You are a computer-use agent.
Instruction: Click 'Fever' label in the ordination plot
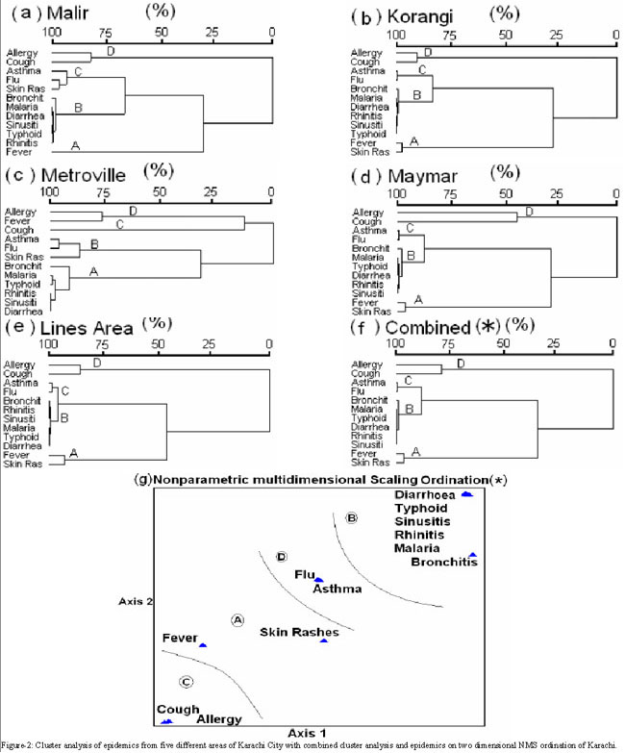180,638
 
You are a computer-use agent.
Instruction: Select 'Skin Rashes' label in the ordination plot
300,632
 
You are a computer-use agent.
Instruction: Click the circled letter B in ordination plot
352,518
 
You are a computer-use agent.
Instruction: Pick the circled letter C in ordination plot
187,682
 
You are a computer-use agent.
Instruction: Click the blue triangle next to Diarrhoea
466,494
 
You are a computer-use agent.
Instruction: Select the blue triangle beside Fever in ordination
203,644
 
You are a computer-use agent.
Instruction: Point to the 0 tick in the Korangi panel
615,34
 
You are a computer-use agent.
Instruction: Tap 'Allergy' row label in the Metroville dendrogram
19,211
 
